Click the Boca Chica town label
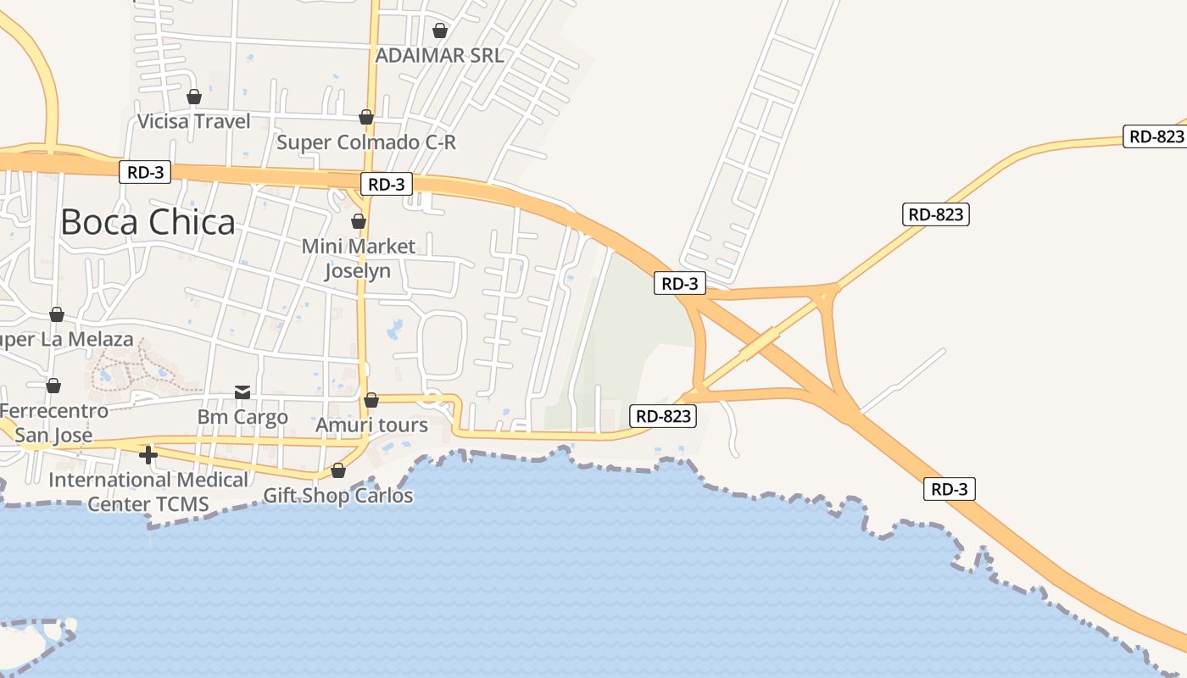point(148,222)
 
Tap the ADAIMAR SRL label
point(439,56)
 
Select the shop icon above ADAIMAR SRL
point(440,31)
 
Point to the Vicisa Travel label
point(194,121)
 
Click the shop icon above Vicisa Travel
point(194,97)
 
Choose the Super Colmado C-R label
point(366,142)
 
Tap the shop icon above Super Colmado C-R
point(366,117)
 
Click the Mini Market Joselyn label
point(359,258)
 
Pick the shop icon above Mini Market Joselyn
point(359,221)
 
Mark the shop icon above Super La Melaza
point(57,315)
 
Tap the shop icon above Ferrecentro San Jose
point(53,386)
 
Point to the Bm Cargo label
point(242,417)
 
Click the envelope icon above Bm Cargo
point(242,392)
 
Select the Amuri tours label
point(371,425)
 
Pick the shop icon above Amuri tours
point(371,400)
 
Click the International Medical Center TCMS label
point(148,492)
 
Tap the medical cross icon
point(148,455)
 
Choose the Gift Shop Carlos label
point(338,496)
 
